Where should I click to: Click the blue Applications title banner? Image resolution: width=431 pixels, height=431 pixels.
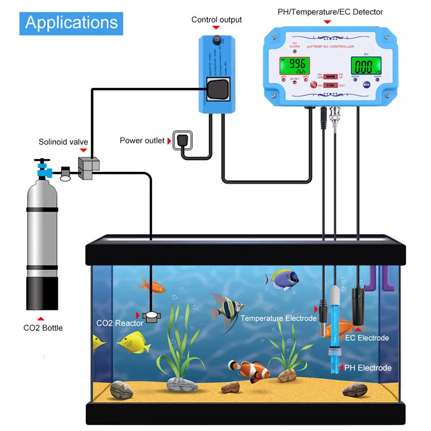[71, 23]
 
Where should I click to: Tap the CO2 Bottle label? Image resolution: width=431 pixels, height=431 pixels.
[43, 328]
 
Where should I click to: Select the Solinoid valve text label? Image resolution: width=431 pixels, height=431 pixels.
[64, 142]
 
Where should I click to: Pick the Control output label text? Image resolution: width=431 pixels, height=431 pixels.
[217, 20]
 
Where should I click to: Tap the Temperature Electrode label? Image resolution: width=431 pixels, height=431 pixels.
[279, 318]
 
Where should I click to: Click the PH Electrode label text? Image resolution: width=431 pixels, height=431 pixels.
[369, 368]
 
